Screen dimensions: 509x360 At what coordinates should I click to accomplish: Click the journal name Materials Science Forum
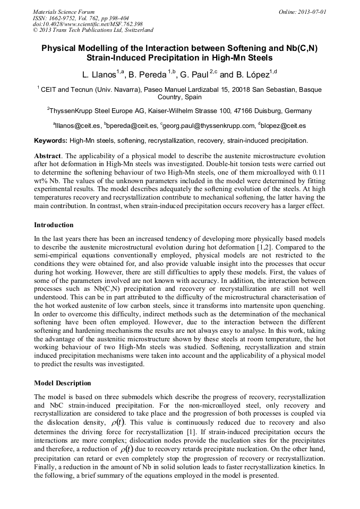[x=64, y=11]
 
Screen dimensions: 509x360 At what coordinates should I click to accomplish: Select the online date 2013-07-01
[x=312, y=11]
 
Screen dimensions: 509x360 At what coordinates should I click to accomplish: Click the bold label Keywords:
[x=51, y=141]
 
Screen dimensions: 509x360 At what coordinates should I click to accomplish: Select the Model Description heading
[x=63, y=383]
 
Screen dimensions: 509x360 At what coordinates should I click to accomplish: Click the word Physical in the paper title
[x=62, y=48]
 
